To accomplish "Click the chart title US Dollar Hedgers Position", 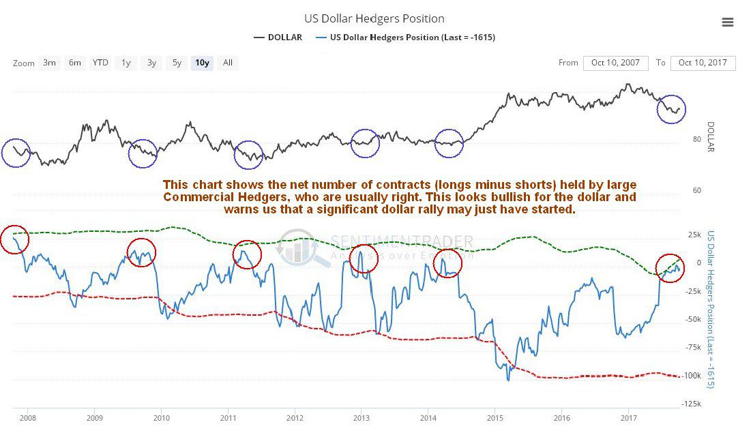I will coord(374,18).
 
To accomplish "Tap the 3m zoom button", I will coord(49,63).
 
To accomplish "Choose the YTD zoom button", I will coord(100,63).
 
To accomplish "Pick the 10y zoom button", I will coord(202,63).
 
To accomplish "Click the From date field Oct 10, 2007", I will coord(615,63).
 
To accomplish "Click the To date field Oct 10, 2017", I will coord(703,63).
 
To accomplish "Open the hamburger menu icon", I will coord(727,22).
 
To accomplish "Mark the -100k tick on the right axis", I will coord(694,376).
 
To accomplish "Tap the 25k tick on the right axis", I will coord(694,235).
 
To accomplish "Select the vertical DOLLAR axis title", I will coord(710,136).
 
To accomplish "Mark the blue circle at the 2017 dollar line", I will coord(671,109).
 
